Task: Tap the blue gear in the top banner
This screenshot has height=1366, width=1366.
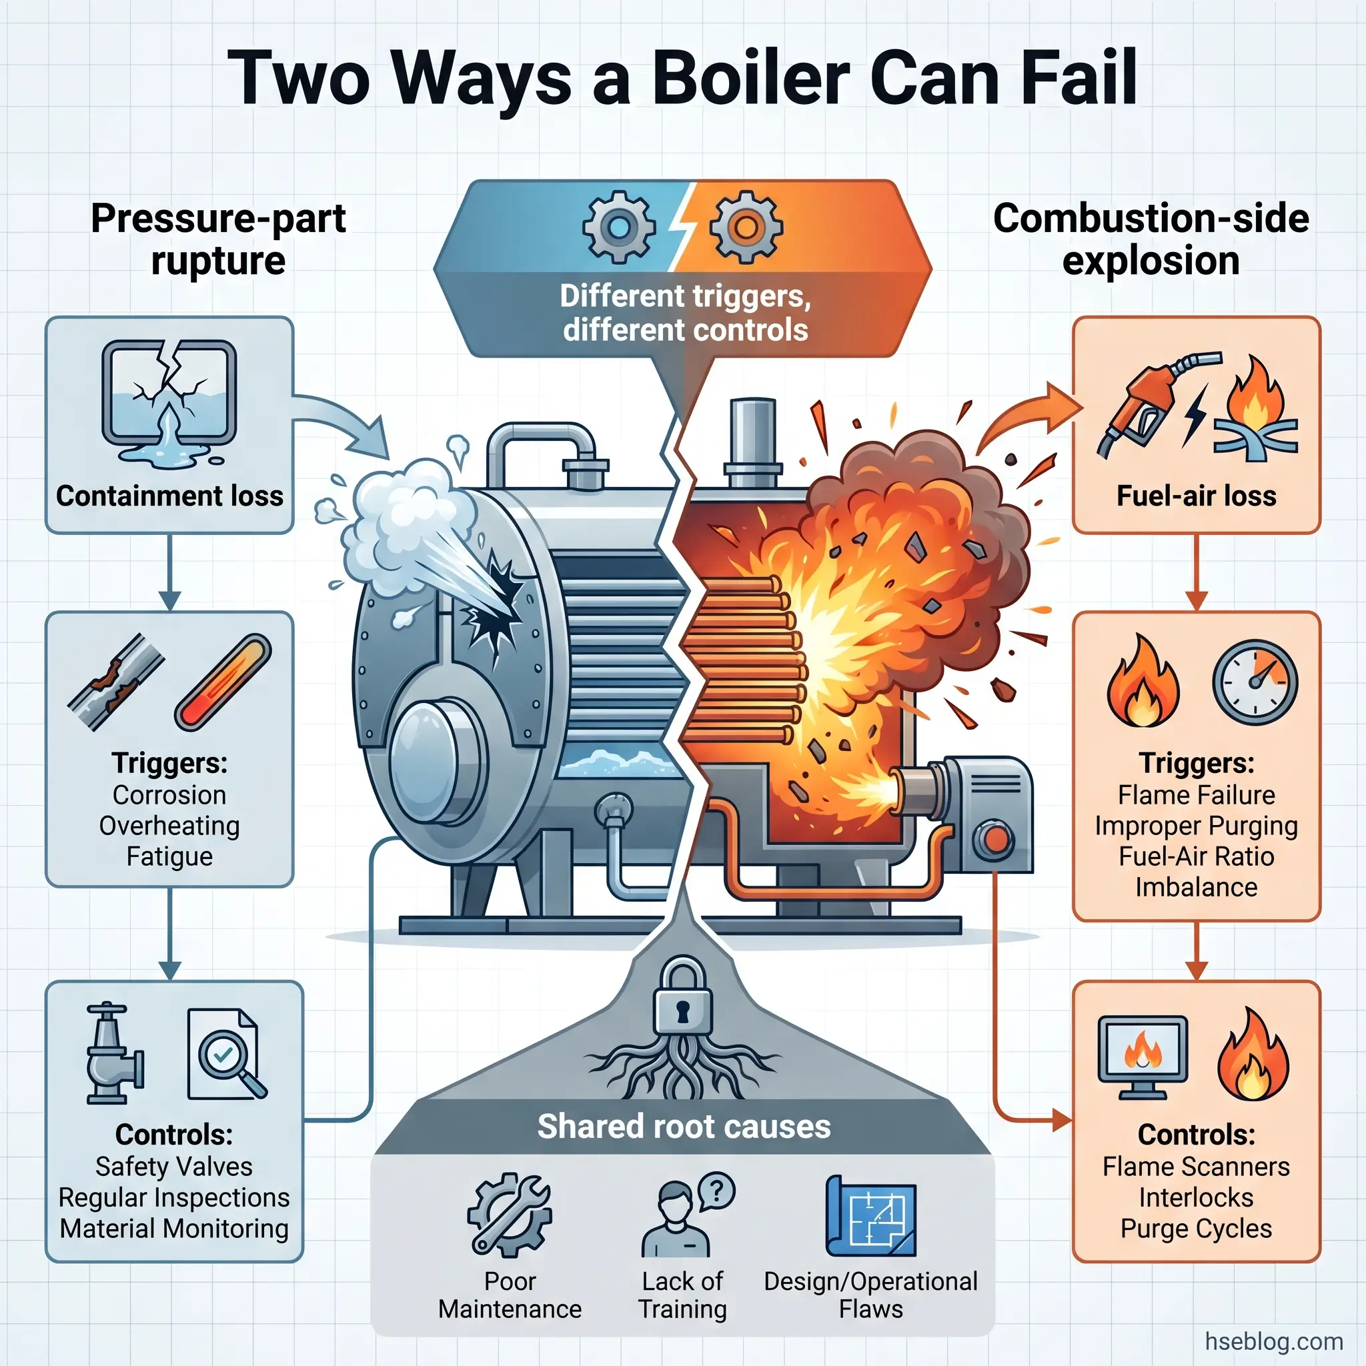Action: tap(619, 227)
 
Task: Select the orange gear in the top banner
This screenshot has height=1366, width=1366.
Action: tap(746, 227)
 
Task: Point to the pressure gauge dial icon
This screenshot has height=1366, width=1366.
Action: tap(1255, 682)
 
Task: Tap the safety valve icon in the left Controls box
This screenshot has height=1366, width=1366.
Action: tap(113, 1053)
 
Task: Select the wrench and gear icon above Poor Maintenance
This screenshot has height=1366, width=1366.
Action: tap(510, 1215)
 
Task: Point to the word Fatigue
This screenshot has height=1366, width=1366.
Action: tap(169, 857)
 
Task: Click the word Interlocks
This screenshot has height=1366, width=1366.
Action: tap(1197, 1198)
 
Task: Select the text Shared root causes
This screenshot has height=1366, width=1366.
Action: tap(684, 1127)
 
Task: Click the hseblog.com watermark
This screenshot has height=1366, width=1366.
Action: tap(1273, 1341)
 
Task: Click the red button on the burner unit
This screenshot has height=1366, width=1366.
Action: tap(996, 839)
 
